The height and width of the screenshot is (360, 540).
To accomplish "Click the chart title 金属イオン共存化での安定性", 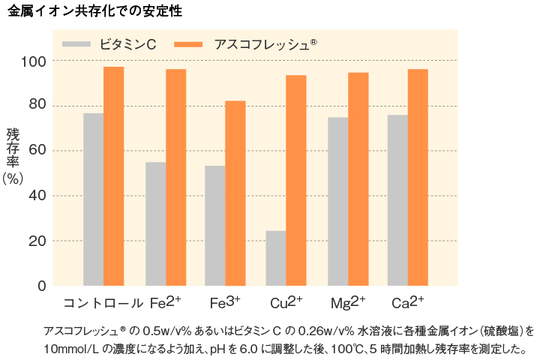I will click(94, 11).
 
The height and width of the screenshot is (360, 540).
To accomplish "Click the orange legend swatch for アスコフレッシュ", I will click(188, 44).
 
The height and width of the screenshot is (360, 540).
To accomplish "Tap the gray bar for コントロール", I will click(93, 199).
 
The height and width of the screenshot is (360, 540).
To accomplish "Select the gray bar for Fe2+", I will click(155, 223).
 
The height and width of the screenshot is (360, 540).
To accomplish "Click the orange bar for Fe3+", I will click(235, 193).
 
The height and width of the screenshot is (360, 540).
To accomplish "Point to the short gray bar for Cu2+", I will click(275, 258).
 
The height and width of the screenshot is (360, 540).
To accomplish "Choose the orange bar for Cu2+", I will click(295, 180).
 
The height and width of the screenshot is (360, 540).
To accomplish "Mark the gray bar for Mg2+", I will click(337, 201).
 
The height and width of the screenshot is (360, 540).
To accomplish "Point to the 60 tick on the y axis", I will click(37, 150).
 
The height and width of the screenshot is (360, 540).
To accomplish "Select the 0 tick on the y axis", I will click(42, 286).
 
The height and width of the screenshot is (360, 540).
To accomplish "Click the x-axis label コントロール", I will click(103, 304).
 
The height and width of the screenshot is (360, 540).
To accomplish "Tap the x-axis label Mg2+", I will click(347, 303).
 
